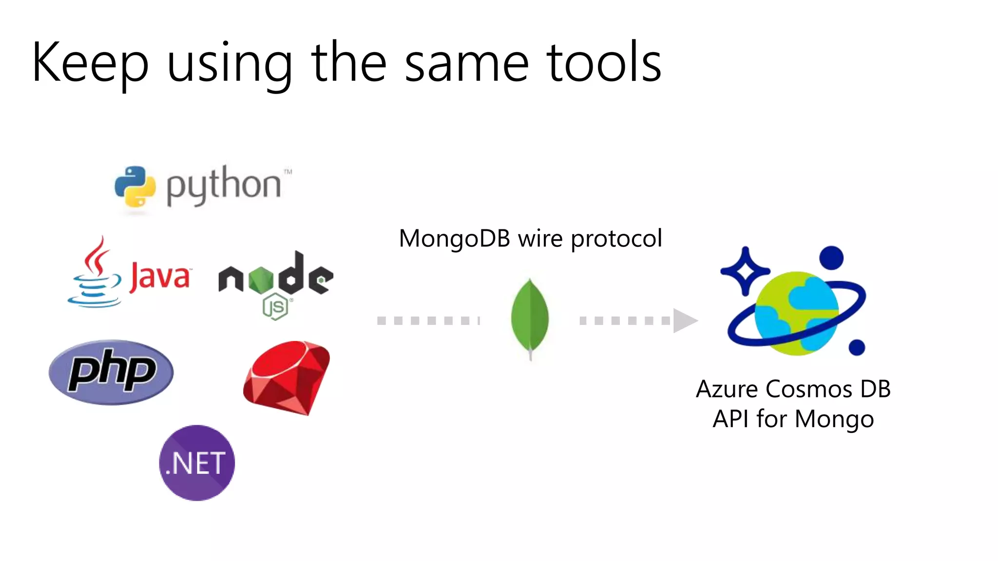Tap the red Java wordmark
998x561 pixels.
pyautogui.click(x=160, y=277)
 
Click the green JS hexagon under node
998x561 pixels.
pyautogui.click(x=275, y=307)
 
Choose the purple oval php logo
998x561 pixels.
pyautogui.click(x=111, y=372)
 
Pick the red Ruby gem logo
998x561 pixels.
pyautogui.click(x=288, y=377)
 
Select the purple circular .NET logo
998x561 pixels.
pyautogui.click(x=197, y=463)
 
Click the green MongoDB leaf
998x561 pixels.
pyautogui.click(x=530, y=317)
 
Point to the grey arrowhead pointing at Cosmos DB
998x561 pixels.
pyautogui.click(x=685, y=320)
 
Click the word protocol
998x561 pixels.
pyautogui.click(x=616, y=239)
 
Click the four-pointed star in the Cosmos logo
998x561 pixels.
pyautogui.click(x=745, y=271)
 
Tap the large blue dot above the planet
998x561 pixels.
pyautogui.click(x=831, y=258)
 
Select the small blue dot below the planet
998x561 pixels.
pyautogui.click(x=856, y=348)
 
